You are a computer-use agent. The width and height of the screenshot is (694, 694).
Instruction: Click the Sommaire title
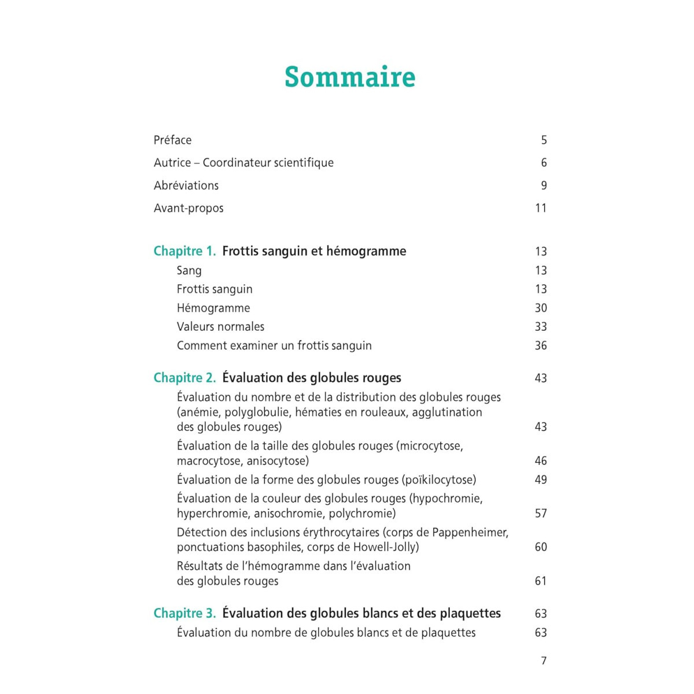(x=350, y=77)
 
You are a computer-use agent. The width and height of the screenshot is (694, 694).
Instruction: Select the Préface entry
(x=172, y=140)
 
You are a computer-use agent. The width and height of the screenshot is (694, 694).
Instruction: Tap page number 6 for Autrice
(x=544, y=163)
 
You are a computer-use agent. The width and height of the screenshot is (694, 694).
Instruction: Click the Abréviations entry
(x=186, y=186)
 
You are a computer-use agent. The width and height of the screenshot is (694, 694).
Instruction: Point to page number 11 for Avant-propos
(x=541, y=208)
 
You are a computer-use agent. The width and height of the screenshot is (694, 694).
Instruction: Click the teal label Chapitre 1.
(x=184, y=251)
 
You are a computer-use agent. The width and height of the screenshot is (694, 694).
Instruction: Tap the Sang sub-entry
(x=189, y=271)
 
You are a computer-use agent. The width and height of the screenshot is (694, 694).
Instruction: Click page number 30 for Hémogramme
(x=541, y=308)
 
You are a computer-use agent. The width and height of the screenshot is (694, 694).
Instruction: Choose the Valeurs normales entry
(x=220, y=327)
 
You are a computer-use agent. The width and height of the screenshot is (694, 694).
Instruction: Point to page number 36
(x=541, y=346)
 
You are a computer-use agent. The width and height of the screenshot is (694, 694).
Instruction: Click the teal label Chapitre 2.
(x=184, y=378)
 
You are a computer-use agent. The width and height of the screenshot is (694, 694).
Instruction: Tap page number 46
(x=541, y=461)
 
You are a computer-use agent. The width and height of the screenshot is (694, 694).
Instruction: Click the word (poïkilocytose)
(x=439, y=480)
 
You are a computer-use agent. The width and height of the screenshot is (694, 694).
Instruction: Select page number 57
(x=541, y=514)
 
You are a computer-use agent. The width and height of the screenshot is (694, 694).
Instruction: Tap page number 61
(x=541, y=581)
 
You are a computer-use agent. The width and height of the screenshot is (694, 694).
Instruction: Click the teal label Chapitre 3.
(x=184, y=614)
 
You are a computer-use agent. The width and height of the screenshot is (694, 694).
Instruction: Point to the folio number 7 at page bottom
(x=544, y=661)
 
